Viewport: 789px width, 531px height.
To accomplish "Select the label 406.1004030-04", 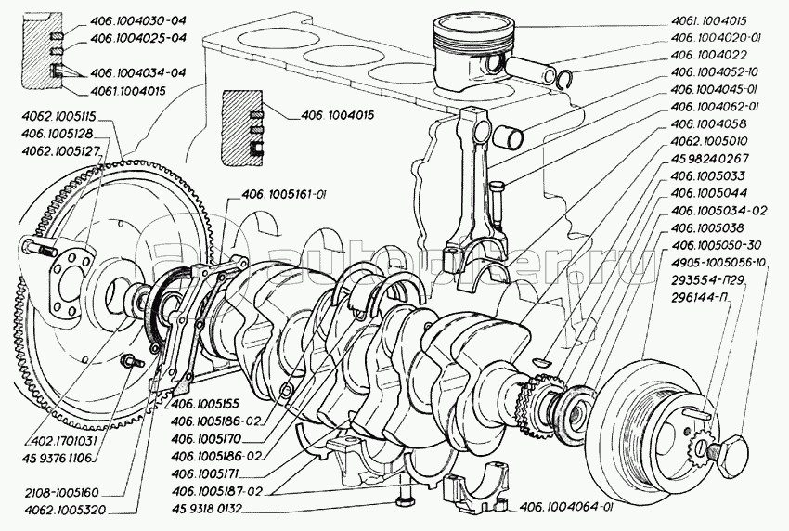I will click(x=138, y=20).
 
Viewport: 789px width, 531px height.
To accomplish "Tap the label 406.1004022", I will click(x=710, y=56).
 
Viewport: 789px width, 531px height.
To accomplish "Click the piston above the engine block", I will click(x=471, y=63).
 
